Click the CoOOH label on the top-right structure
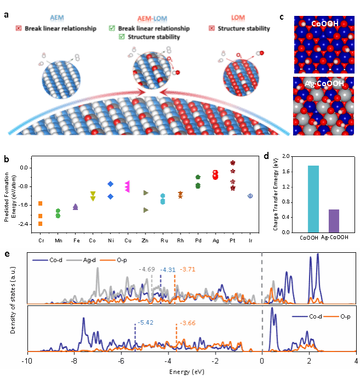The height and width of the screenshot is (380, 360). tap(324, 25)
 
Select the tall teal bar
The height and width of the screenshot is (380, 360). tap(313, 198)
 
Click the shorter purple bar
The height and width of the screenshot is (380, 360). tap(334, 220)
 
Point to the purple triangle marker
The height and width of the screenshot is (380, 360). tap(75, 207)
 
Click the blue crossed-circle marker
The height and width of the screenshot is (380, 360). tap(251, 196)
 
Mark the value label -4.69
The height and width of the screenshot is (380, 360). tap(147, 270)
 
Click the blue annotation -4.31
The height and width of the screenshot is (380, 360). tap(168, 270)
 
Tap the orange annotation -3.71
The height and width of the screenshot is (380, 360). tap(187, 269)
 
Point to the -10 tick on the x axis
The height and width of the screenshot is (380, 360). tap(26, 362)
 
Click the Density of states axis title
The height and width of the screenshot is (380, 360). tap(13, 305)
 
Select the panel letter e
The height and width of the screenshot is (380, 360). tap(7, 254)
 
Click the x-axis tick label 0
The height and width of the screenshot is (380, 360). tap(262, 362)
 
